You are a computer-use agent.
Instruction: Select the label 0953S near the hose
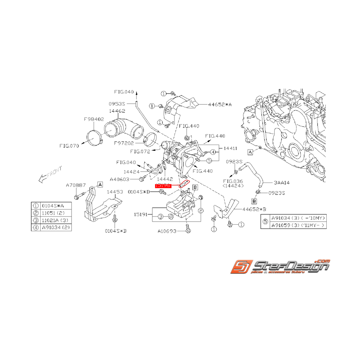click(117, 104)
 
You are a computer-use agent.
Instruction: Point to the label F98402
click(94, 119)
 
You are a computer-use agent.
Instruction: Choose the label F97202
click(124, 143)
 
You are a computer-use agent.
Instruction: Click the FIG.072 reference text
click(140, 151)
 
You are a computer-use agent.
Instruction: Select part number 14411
click(230, 148)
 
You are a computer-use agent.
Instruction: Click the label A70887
click(75, 186)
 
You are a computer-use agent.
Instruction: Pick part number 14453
click(115, 191)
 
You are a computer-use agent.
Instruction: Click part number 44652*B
click(254, 209)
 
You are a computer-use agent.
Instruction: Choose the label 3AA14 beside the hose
click(282, 181)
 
